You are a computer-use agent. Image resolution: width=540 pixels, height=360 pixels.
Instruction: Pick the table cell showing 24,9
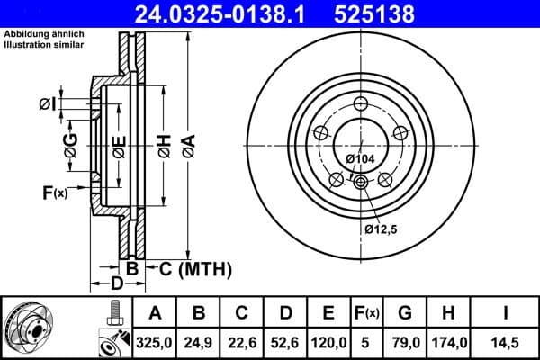(x=199, y=342)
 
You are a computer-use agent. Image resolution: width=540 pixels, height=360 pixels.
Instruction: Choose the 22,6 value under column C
(x=242, y=342)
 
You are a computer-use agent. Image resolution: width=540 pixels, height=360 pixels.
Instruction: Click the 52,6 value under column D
(x=285, y=342)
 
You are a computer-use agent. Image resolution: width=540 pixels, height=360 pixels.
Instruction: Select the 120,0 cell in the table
(x=328, y=342)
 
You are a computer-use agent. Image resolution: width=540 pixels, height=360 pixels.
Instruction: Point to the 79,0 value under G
(x=406, y=342)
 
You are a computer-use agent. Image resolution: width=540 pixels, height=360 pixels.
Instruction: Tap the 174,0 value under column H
(x=449, y=342)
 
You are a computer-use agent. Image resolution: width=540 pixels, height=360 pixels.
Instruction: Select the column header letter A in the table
(x=155, y=313)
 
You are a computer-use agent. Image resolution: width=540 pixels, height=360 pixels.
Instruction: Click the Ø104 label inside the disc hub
(x=360, y=159)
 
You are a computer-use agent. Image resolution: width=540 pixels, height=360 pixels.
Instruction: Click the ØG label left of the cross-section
(x=70, y=141)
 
